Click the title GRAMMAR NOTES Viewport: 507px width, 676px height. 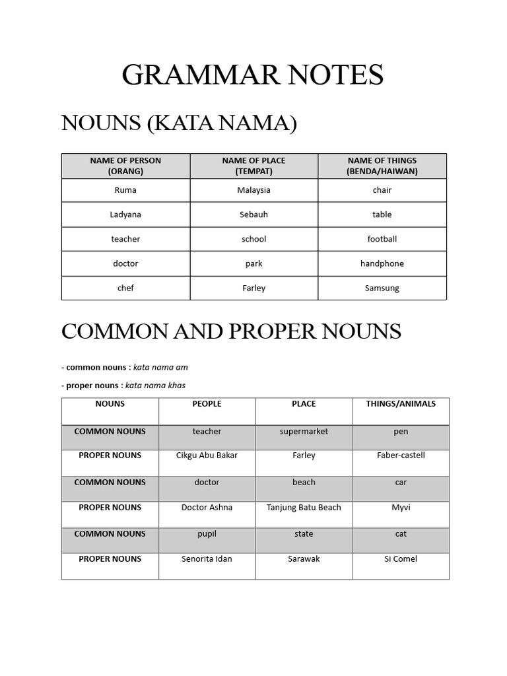tap(253, 75)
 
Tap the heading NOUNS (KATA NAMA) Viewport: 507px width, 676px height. tap(179, 123)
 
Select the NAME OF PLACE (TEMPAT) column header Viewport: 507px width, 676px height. tap(254, 166)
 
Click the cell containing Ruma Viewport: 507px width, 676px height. tap(125, 190)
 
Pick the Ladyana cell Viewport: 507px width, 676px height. tap(125, 215)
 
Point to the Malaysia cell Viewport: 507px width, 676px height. tap(254, 190)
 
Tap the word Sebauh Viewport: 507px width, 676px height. tap(254, 215)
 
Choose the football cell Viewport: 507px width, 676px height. tap(382, 239)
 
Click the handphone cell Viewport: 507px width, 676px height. tap(382, 263)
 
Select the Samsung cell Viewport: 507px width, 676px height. tap(382, 288)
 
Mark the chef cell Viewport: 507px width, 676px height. tap(125, 288)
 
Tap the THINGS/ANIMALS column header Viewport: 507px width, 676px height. tap(401, 404)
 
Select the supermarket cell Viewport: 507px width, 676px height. tap(304, 432)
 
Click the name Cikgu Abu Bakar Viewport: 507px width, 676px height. tap(207, 456)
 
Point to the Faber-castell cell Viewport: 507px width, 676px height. tap(401, 456)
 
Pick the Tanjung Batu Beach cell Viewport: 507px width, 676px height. tap(304, 508)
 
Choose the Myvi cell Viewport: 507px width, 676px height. tap(401, 508)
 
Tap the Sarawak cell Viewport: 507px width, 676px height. tap(304, 559)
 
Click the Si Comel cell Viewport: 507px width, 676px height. tap(401, 559)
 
